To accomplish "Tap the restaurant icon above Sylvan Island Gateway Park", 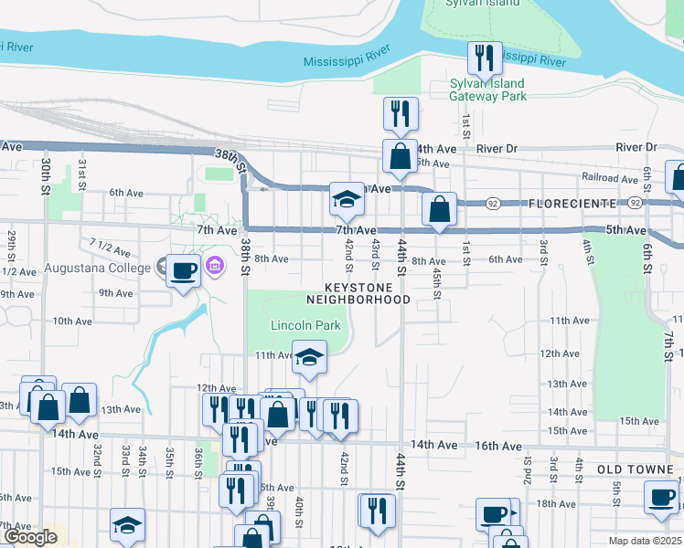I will (x=485, y=58).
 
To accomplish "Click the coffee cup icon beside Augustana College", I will (x=184, y=270).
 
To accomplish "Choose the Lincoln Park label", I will (x=305, y=325).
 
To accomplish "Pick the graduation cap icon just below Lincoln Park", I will (x=309, y=356).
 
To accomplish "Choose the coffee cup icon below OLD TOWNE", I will (x=662, y=497).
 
